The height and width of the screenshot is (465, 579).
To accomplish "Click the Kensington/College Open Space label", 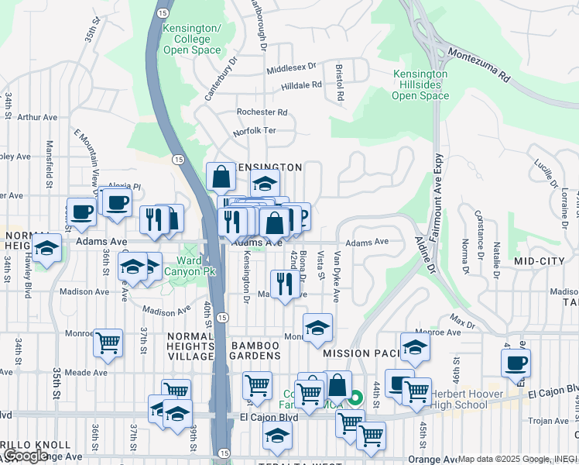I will tap(192, 39).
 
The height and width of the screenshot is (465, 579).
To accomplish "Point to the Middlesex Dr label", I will tap(292, 68).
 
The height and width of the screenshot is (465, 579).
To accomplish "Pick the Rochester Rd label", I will tap(262, 112).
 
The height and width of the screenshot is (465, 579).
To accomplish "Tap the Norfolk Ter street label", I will tap(256, 131).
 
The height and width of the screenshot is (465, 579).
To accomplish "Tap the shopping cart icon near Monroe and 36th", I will tap(108, 342).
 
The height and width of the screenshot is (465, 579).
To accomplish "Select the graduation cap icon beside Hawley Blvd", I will tap(47, 249).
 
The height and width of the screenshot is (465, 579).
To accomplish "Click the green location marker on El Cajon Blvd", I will tap(355, 399).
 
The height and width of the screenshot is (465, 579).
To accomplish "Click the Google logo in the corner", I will tap(26, 455).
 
